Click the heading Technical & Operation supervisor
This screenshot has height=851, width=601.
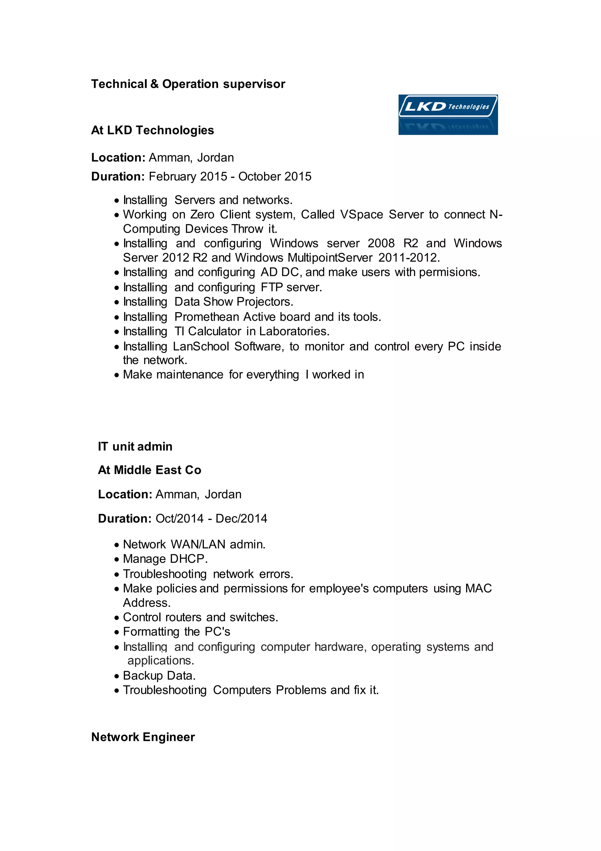tap(188, 84)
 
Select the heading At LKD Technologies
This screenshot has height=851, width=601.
tap(152, 131)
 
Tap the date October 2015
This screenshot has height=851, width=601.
tap(275, 176)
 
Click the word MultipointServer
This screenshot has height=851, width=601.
tap(330, 258)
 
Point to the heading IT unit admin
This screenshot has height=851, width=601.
tap(135, 447)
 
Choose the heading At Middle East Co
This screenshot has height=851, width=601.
tap(149, 470)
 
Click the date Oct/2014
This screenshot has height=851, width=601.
tap(179, 519)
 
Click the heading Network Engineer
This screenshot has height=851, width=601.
tap(143, 737)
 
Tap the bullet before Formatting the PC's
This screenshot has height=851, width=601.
tap(117, 632)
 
